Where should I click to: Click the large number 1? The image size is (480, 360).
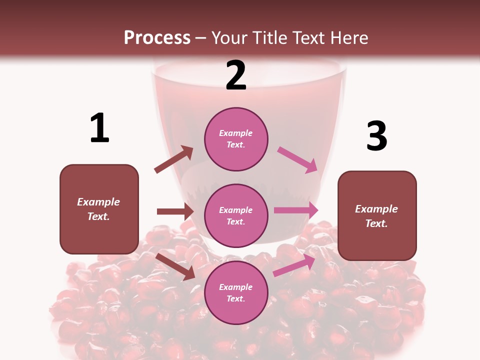[99, 128]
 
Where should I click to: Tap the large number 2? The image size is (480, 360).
[236, 75]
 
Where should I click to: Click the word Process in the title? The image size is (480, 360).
[157, 37]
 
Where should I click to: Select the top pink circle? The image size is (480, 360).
[236, 139]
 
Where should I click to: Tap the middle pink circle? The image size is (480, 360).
[236, 215]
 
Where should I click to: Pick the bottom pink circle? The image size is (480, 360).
[236, 292]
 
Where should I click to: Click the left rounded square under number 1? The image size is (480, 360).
[99, 209]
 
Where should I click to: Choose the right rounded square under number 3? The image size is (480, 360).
[377, 215]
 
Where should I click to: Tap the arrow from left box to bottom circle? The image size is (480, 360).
[175, 266]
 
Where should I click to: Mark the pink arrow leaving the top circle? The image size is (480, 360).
[297, 159]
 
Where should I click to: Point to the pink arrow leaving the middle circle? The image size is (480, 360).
[296, 210]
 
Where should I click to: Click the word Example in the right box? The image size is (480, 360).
[376, 209]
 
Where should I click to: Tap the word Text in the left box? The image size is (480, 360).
[98, 216]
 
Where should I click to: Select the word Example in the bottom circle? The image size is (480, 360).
[236, 287]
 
